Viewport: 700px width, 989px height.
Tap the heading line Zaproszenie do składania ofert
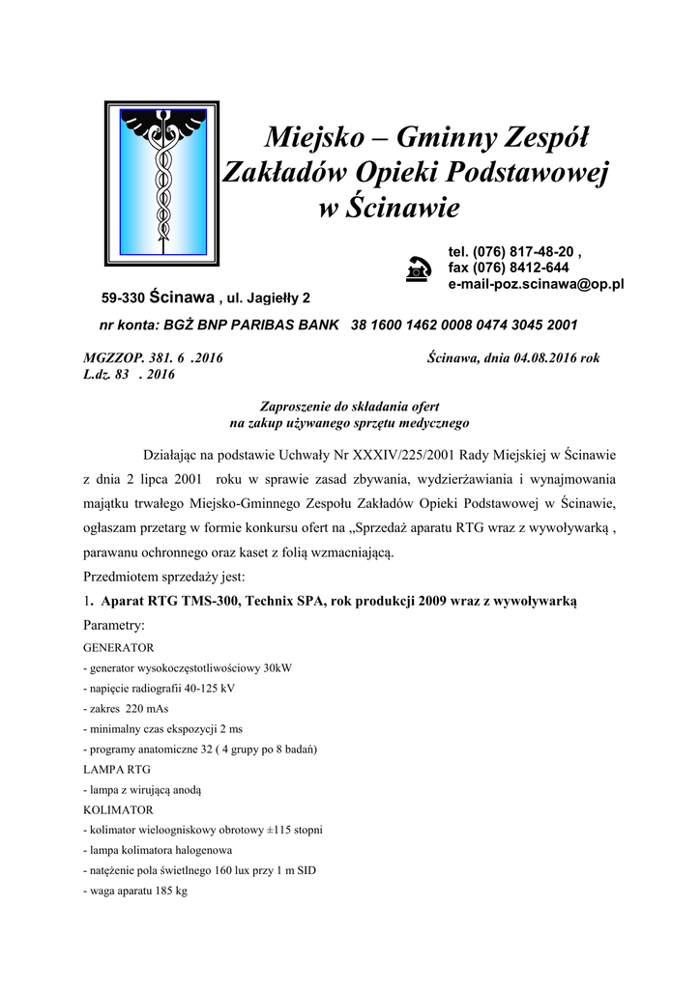click(x=349, y=408)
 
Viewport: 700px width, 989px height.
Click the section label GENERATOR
click(x=112, y=647)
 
